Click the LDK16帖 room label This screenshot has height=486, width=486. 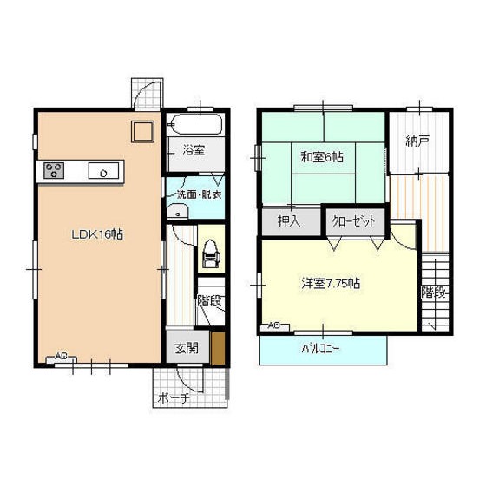coord(97,234)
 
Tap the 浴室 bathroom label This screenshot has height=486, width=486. coord(194,151)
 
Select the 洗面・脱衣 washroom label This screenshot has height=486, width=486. coord(199,194)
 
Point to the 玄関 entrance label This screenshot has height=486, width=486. coord(187,348)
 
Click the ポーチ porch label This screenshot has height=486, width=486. coord(174,398)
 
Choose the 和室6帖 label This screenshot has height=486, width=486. coord(322,157)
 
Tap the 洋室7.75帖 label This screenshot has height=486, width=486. coord(331,283)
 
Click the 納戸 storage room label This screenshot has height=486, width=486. coord(417,141)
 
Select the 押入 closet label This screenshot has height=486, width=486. coord(289,221)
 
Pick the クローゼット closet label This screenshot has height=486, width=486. coord(354,221)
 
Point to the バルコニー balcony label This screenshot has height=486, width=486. coord(320,349)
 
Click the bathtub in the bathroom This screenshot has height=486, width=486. coord(195,125)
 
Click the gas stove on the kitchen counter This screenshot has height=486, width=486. coord(54,170)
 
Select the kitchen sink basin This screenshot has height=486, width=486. coord(103,170)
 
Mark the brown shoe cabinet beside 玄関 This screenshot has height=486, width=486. coord(218,348)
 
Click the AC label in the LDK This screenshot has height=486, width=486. coord(61,357)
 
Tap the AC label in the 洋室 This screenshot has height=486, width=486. coord(273,325)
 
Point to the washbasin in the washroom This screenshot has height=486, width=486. coord(177,212)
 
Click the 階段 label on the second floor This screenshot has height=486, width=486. coord(435,292)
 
